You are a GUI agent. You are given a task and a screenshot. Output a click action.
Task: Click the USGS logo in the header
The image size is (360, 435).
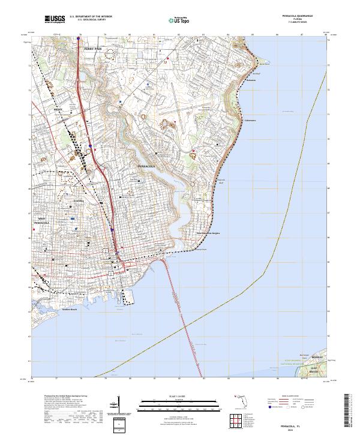click(55, 20)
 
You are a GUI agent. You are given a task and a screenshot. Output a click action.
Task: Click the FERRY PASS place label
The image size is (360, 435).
click(94, 47)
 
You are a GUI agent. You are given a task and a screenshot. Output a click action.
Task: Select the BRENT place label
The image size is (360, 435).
click(58, 110)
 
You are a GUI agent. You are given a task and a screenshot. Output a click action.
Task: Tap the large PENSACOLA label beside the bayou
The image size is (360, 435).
click(146, 166)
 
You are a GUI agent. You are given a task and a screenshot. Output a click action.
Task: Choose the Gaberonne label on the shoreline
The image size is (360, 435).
click(250, 119)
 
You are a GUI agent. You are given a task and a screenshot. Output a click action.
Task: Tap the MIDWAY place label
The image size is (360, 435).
click(317, 357)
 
